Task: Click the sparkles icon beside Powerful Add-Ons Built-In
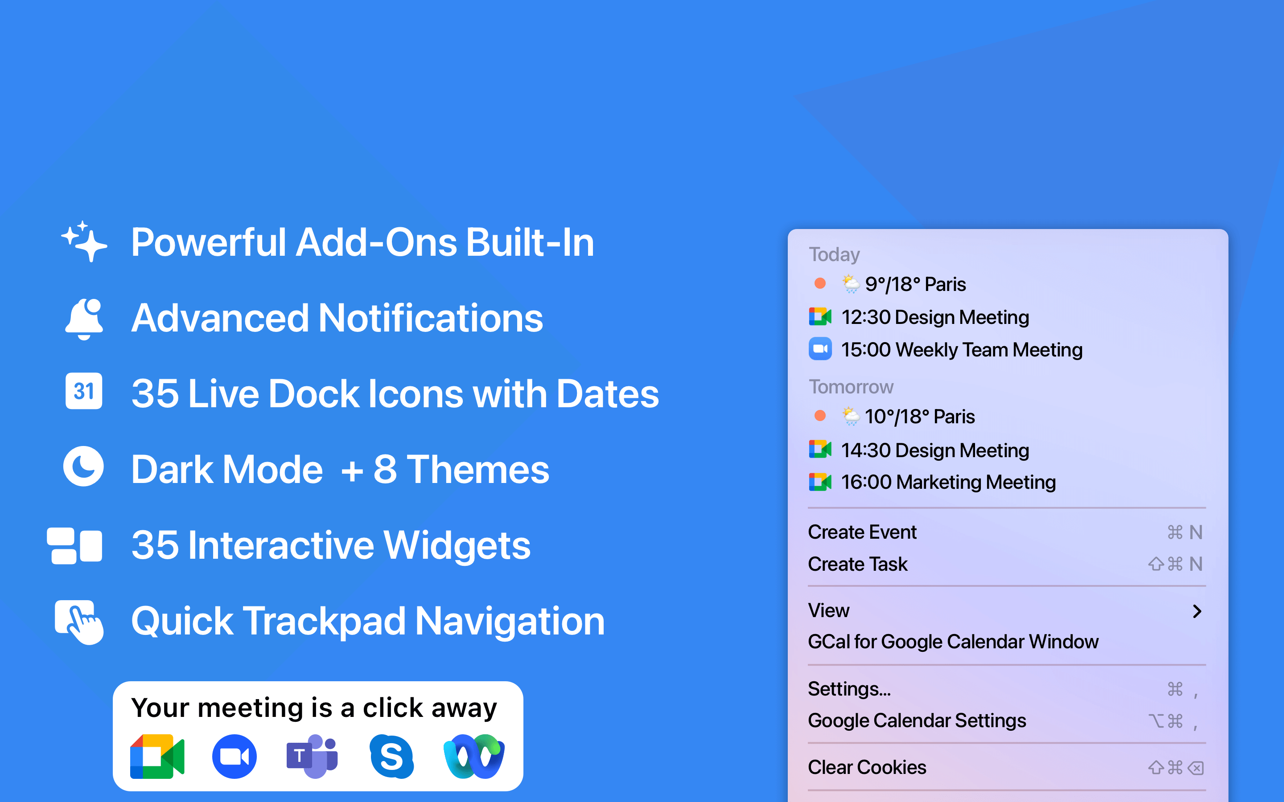point(84,241)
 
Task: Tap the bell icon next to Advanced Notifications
point(84,319)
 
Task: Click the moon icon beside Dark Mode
point(83,467)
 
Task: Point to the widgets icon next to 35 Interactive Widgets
point(74,546)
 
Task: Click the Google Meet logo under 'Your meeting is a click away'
point(157,757)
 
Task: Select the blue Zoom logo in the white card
point(235,757)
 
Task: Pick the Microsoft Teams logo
point(313,757)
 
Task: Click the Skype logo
point(391,757)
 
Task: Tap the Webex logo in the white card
point(474,757)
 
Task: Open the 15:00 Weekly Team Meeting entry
point(946,350)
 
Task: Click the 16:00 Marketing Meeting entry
point(932,482)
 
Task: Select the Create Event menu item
point(862,532)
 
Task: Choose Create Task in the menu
point(857,564)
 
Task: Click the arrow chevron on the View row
point(1197,611)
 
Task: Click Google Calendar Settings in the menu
point(917,721)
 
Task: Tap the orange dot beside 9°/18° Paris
point(820,283)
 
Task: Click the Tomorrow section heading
point(851,387)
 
